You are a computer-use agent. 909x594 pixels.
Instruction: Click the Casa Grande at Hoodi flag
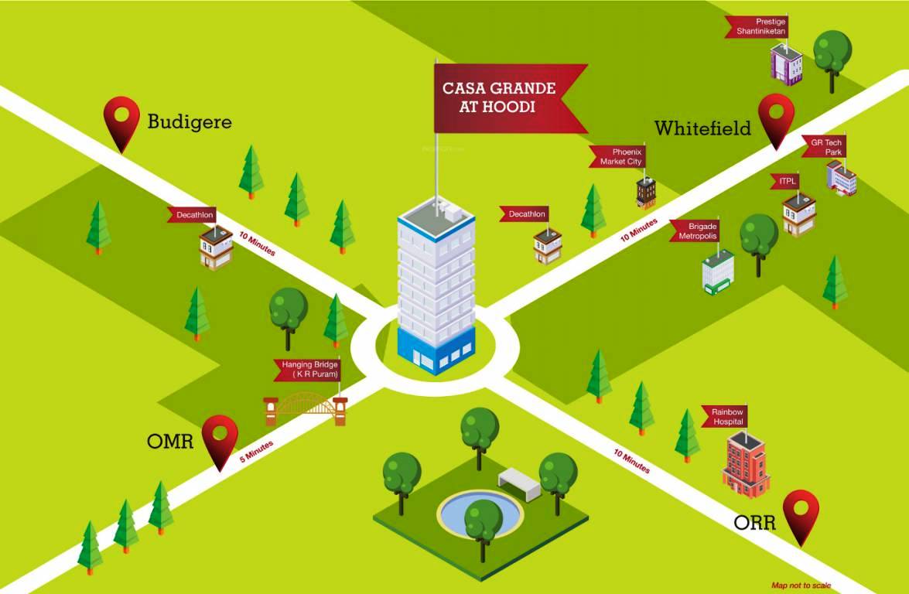[x=504, y=98]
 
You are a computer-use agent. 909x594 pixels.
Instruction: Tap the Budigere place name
[x=190, y=121]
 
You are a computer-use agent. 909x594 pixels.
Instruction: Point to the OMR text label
[x=170, y=442]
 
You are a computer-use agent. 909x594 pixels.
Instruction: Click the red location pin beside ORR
[x=801, y=518]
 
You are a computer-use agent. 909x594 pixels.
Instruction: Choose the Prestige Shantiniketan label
[x=758, y=26]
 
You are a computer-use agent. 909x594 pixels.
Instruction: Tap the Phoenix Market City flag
[x=619, y=156]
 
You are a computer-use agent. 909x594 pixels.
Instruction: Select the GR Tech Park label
[x=825, y=147]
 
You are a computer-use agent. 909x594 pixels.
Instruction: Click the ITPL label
[x=785, y=182]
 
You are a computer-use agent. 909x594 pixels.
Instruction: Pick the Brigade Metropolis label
[x=695, y=230]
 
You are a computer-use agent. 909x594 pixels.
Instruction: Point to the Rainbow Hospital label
[x=725, y=416]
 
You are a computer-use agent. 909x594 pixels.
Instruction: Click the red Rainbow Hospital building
[x=746, y=465]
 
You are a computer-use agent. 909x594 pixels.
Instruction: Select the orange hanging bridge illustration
[x=306, y=409]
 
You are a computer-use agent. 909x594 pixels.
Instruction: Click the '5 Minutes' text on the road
[x=256, y=452]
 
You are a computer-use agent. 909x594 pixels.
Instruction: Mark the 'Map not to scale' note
[x=801, y=585]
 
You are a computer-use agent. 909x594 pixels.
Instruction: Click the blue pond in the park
[x=480, y=512]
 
